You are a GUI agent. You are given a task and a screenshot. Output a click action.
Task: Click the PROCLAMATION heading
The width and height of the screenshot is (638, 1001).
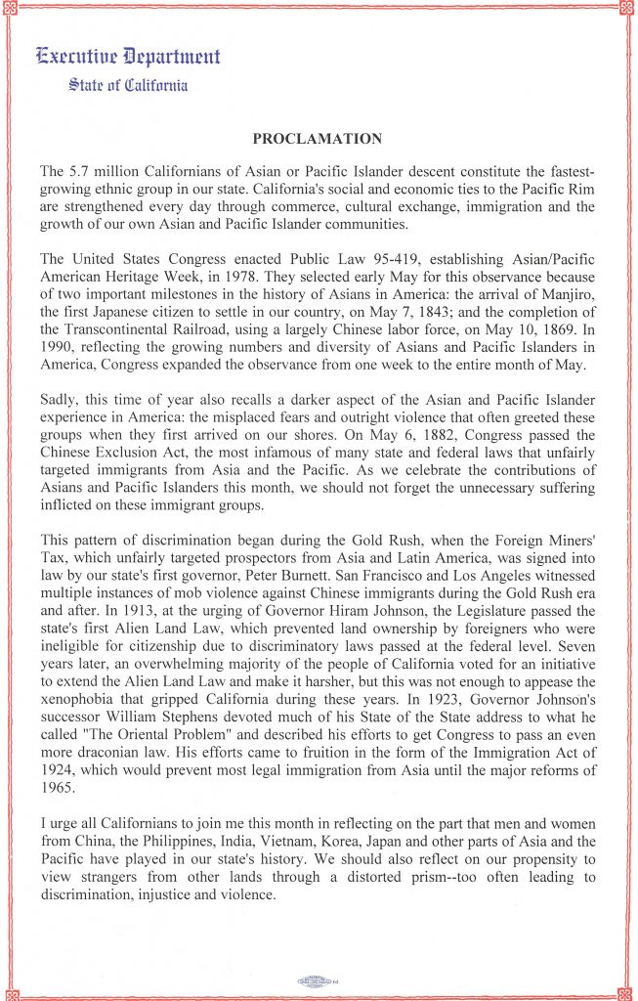[318, 139]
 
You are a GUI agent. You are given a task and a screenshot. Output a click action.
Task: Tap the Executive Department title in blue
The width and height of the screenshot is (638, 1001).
[128, 56]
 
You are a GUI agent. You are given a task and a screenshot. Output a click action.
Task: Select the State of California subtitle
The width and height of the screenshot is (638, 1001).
[128, 85]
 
